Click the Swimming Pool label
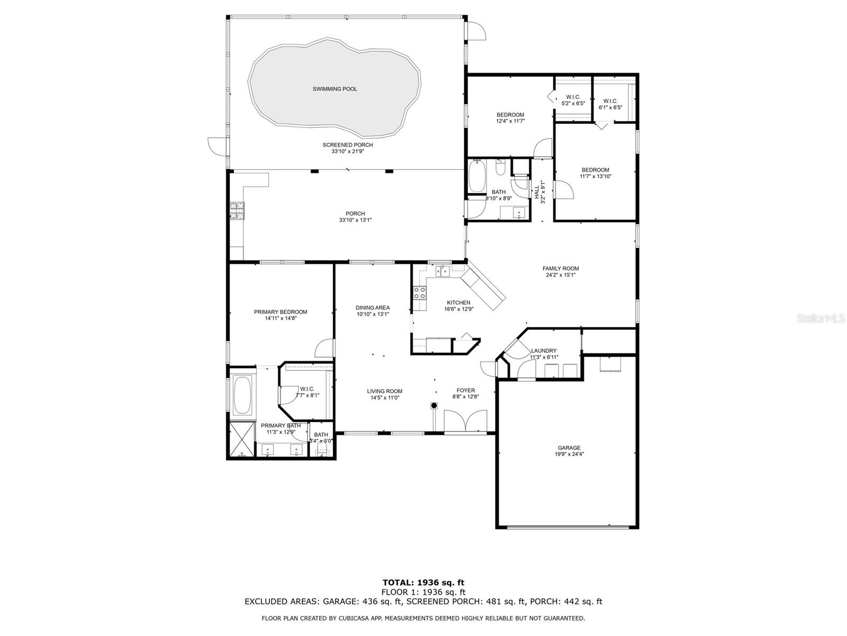(335, 89)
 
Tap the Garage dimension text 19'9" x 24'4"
(569, 454)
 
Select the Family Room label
(561, 269)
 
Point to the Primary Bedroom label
(280, 312)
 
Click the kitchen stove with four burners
(420, 293)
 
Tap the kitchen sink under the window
(442, 271)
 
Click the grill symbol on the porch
(237, 210)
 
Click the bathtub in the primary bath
(243, 395)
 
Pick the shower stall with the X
(241, 440)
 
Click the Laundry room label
(544, 351)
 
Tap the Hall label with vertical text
(537, 189)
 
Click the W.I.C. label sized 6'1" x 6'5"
(610, 101)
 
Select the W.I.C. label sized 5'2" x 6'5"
(573, 97)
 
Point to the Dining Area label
(373, 307)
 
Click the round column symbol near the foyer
(434, 406)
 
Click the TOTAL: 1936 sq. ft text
(423, 583)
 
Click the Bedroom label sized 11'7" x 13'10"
(595, 170)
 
